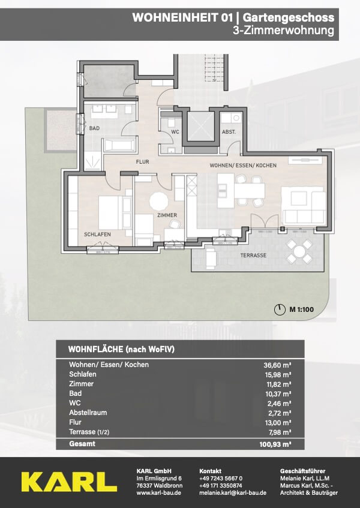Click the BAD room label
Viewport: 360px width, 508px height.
[94, 128]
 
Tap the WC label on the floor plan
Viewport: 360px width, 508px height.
[175, 132]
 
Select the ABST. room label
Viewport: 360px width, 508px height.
[229, 132]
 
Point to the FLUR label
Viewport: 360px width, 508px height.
[143, 161]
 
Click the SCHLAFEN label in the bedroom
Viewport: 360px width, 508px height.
[97, 235]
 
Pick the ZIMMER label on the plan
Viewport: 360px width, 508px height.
[167, 215]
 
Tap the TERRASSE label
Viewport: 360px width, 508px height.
[253, 255]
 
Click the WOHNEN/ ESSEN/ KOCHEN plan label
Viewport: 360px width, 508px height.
[243, 165]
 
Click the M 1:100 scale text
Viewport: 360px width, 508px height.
[301, 309]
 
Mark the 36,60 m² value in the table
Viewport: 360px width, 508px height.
[277, 365]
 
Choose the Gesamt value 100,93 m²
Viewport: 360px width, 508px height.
[275, 444]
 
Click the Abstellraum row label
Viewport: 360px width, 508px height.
[88, 413]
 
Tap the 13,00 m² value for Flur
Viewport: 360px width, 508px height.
[277, 423]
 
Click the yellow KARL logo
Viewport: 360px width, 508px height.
[69, 482]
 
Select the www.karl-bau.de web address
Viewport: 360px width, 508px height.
[159, 492]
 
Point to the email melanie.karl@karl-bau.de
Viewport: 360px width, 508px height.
[233, 492]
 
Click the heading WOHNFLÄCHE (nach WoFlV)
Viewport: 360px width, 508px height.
[121, 349]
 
